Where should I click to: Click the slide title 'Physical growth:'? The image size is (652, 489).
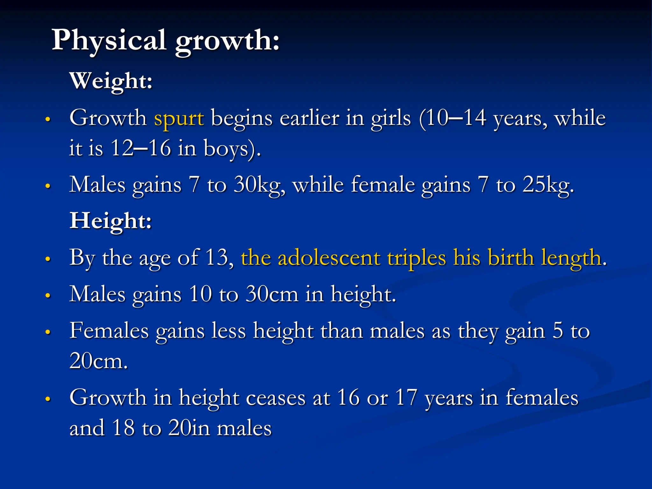[x=166, y=41]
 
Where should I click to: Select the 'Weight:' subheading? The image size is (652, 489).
[x=111, y=81]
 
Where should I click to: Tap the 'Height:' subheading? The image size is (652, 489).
[x=110, y=221]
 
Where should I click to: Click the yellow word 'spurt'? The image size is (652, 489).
[x=179, y=118]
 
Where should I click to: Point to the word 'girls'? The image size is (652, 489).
[x=391, y=118]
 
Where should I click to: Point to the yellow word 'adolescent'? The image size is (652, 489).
[x=329, y=258]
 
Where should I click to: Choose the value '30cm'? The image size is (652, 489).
[x=272, y=294]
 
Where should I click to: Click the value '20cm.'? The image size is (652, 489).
[x=99, y=361]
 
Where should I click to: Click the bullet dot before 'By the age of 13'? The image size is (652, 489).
[x=48, y=259]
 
